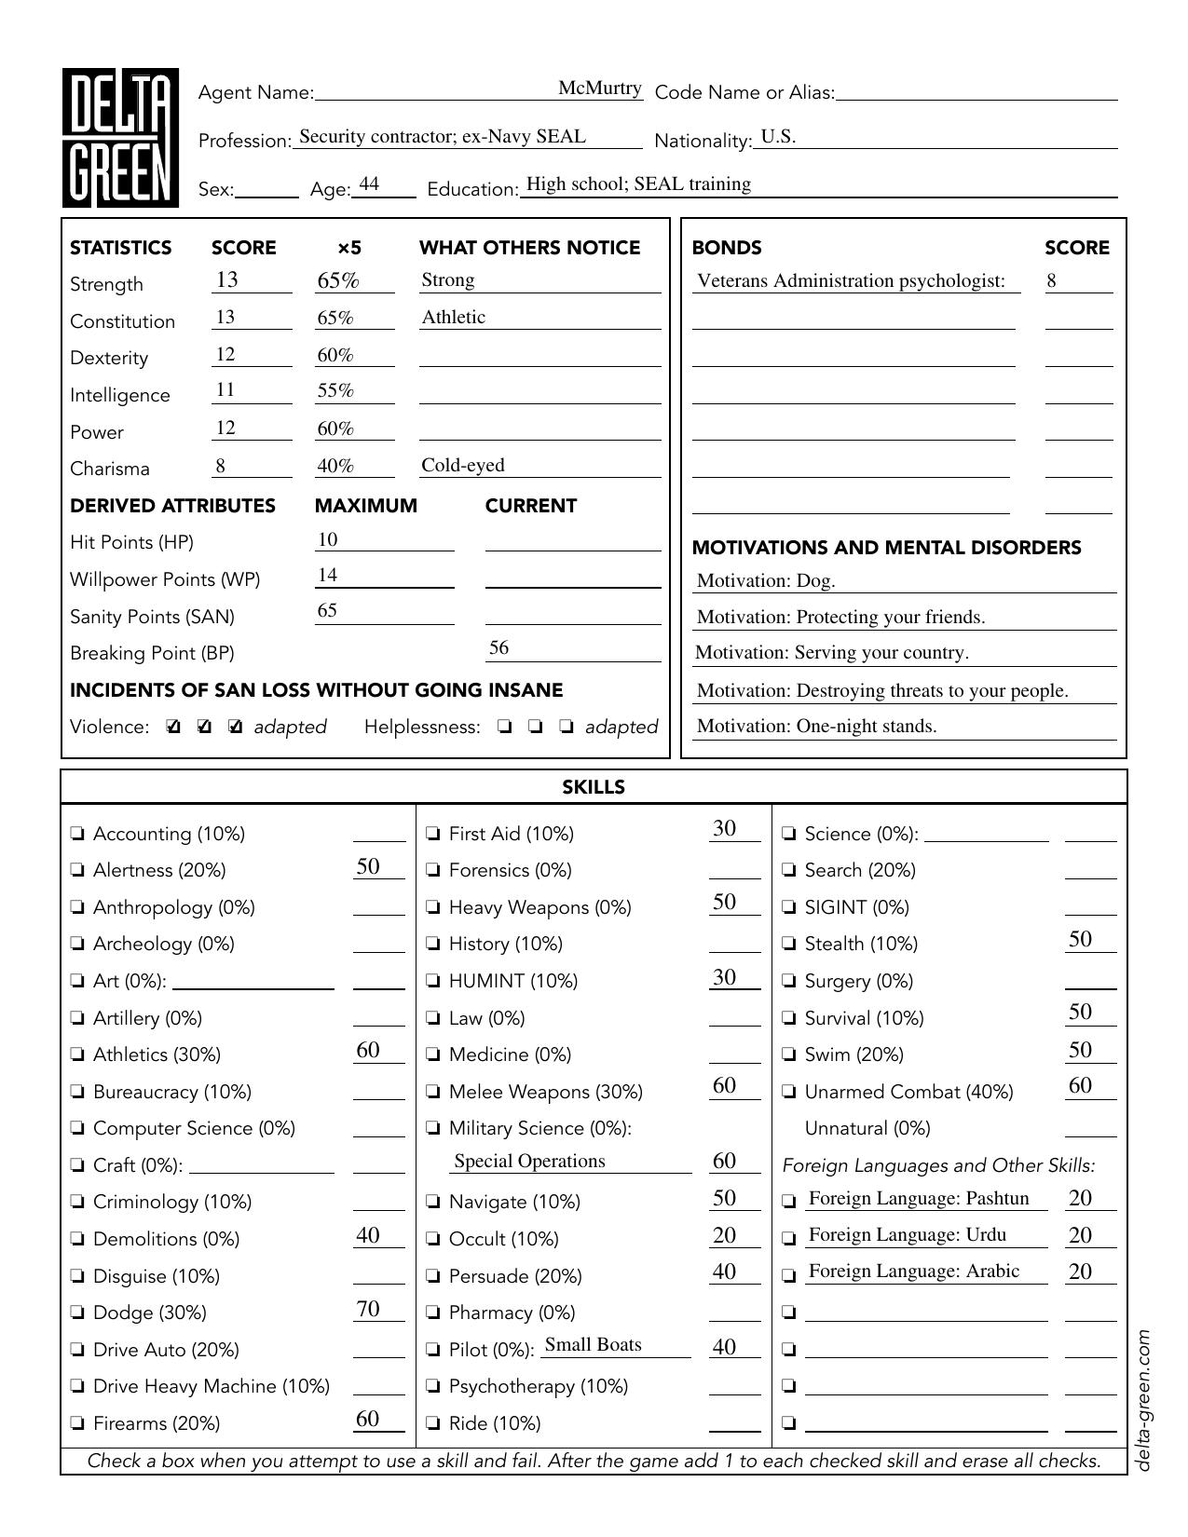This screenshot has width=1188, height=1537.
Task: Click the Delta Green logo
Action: click(120, 138)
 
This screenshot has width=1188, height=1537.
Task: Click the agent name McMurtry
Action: click(599, 88)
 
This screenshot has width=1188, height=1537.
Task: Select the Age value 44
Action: click(369, 184)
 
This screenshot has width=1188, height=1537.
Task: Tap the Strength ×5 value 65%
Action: click(337, 280)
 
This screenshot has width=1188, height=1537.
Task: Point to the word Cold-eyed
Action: click(462, 465)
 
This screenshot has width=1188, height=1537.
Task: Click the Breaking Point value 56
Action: click(498, 648)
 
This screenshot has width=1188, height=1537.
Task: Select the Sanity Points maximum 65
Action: click(327, 611)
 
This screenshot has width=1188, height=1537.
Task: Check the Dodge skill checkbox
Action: click(77, 1313)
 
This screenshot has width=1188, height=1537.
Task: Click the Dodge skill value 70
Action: click(368, 1310)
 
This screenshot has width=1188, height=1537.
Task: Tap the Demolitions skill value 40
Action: click(368, 1236)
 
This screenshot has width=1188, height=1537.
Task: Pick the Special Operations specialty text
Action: click(529, 1162)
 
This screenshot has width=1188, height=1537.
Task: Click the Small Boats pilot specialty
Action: click(593, 1345)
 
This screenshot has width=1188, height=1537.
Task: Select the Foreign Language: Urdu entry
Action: click(907, 1235)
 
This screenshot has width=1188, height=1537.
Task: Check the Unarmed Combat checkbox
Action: click(789, 1092)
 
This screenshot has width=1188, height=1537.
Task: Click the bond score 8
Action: click(1052, 280)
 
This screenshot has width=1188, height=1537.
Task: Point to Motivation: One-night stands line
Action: click(816, 727)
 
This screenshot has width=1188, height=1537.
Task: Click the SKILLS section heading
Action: click(594, 787)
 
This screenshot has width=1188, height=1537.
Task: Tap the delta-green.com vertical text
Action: click(1144, 1400)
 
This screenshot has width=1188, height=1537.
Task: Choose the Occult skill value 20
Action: click(724, 1236)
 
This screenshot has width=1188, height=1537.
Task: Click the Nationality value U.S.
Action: click(778, 137)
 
